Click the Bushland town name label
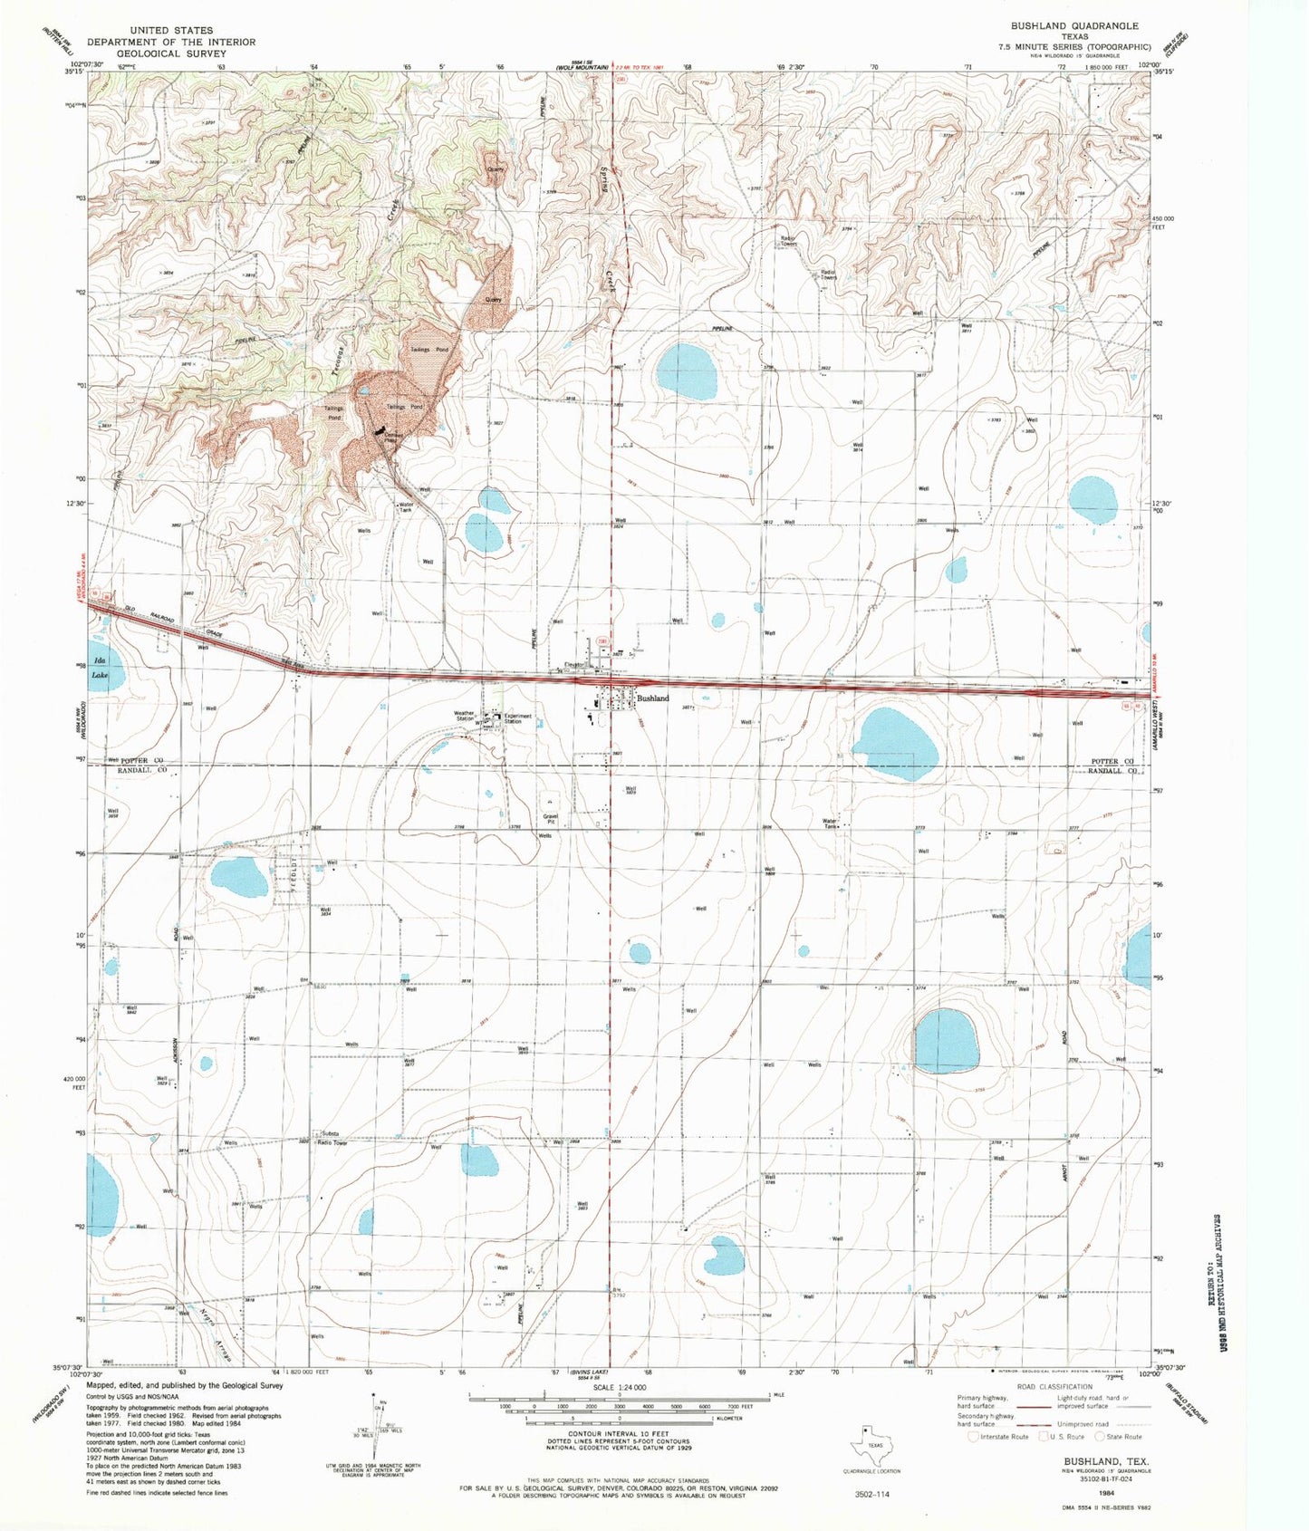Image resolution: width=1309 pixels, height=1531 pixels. (x=652, y=698)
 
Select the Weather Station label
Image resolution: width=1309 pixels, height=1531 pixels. (x=464, y=715)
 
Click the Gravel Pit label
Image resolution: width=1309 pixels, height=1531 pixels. (x=549, y=818)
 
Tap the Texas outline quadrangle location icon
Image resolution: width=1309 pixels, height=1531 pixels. (x=868, y=1446)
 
